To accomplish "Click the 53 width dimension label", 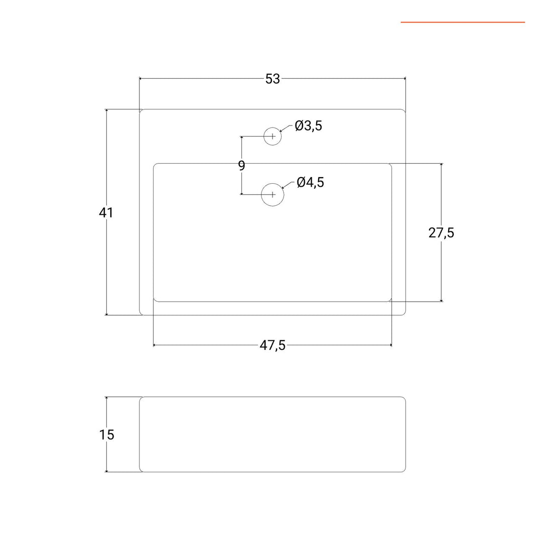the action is pyautogui.click(x=273, y=79).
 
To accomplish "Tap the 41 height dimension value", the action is pyautogui.click(x=106, y=213).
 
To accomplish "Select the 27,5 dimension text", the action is pyautogui.click(x=441, y=233).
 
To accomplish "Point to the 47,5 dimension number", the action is pyautogui.click(x=273, y=345).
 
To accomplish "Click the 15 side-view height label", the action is pyautogui.click(x=106, y=435).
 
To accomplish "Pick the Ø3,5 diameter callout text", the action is pyautogui.click(x=308, y=126).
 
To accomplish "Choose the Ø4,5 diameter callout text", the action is pyautogui.click(x=311, y=183).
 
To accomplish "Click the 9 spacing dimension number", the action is pyautogui.click(x=241, y=166).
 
